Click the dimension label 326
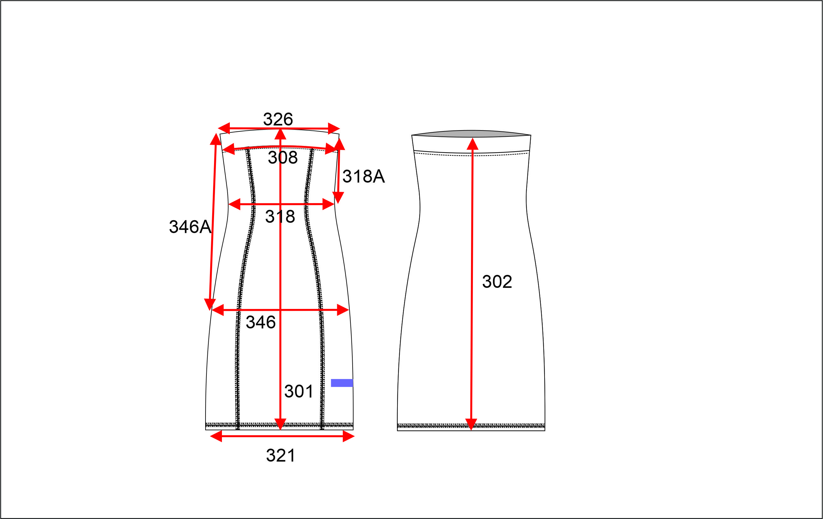tap(278, 119)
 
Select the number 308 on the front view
tap(283, 158)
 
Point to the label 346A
tap(190, 227)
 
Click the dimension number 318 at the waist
tap(280, 216)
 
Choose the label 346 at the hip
tap(261, 322)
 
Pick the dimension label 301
tap(299, 391)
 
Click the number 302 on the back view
tap(497, 282)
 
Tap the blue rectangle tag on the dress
tap(342, 383)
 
